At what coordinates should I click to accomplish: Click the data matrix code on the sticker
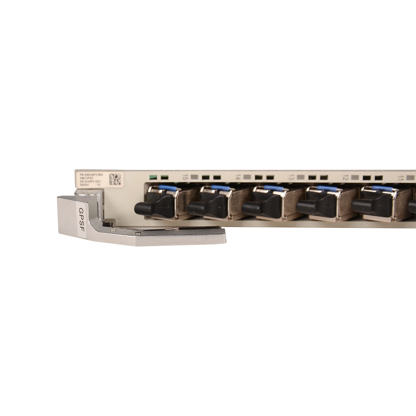115,179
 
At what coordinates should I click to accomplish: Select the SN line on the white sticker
90,182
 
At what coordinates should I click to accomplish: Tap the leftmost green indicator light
153,177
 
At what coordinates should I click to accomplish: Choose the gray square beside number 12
354,177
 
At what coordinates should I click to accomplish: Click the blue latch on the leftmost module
168,188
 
